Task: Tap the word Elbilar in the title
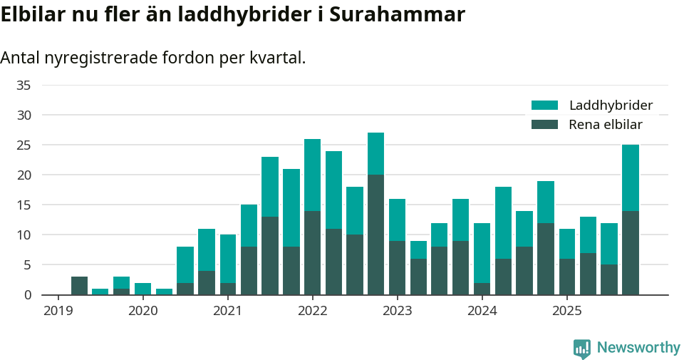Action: coord(32,14)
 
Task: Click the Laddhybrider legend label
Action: coord(611,106)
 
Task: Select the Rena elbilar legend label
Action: coord(606,125)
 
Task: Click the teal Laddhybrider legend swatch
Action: coord(545,106)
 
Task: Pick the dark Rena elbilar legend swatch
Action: coord(545,125)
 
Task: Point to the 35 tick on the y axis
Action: coord(24,85)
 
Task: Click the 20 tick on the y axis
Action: coord(24,175)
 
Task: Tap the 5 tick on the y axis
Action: coord(28,264)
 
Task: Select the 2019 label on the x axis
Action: coord(58,311)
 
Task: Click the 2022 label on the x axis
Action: coord(312,311)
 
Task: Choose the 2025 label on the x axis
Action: coord(566,311)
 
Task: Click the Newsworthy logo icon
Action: coord(581,348)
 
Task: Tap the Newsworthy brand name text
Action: coord(638,348)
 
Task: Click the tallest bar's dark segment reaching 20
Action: coord(375,235)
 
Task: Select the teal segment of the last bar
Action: coord(630,178)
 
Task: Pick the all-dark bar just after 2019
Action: coord(79,285)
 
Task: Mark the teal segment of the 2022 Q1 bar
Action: coord(312,175)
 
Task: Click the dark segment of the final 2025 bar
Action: coord(630,252)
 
